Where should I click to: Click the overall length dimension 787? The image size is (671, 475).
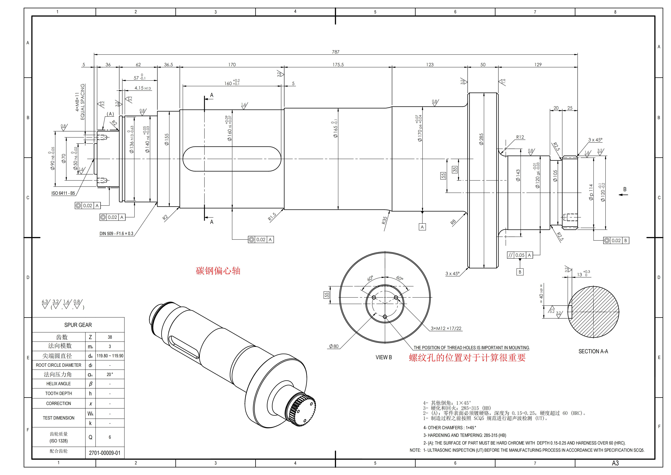[335, 52]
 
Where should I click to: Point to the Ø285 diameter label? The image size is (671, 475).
[481, 139]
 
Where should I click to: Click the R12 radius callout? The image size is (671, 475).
[520, 137]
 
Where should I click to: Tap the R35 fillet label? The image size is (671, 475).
[385, 220]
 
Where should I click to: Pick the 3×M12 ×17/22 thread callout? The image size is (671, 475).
[446, 328]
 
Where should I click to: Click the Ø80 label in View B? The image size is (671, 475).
[333, 346]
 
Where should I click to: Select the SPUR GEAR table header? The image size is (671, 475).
[78, 325]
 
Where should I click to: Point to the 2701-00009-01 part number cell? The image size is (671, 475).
[105, 453]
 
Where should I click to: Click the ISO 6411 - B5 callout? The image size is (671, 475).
[63, 193]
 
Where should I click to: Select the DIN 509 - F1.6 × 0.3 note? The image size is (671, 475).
[116, 233]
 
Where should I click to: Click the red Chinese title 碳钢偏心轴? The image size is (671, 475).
[218, 271]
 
